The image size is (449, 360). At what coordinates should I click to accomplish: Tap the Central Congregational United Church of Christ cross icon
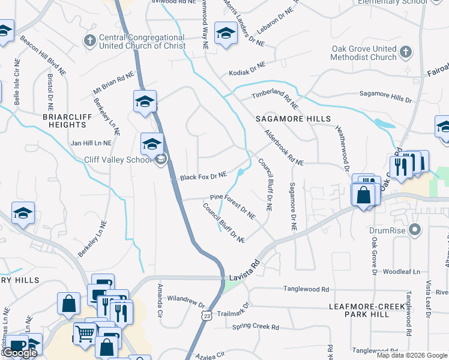pos(89,41)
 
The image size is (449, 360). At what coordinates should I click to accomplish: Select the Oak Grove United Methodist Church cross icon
pos(406,53)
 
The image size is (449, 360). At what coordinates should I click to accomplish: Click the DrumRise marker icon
pos(413,230)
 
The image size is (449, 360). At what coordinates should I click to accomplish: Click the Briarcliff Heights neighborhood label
pos(65,121)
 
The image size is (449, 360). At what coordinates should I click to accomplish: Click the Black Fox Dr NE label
pos(203,176)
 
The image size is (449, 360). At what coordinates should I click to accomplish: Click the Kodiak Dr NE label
pos(247,69)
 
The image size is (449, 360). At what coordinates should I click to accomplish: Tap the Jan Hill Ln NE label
pos(91,143)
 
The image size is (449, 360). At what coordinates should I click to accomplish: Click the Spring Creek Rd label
pos(256,328)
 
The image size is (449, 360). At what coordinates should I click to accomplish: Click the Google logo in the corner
pos(19,353)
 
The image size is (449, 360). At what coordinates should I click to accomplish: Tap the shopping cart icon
pos(85,333)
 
